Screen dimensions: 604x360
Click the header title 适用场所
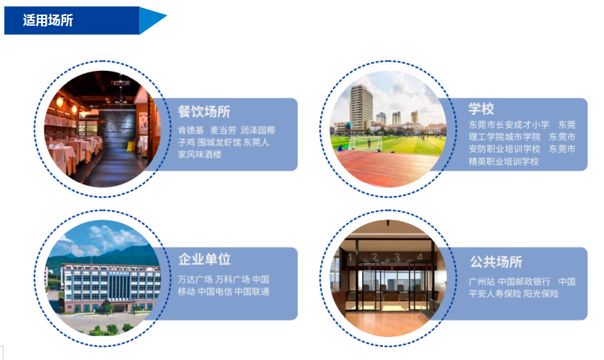coord(48,20)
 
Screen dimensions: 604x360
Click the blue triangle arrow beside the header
coord(152,20)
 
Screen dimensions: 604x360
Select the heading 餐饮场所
coord(204,112)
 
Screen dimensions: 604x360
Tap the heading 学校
coord(481,108)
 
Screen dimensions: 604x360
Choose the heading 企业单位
coord(204,259)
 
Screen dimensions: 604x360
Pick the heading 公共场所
coord(496,262)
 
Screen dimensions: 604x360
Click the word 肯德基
coord(190,131)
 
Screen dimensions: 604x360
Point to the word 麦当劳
coord(223,131)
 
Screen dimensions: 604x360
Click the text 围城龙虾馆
coord(219,142)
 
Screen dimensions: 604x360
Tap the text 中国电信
coord(215,292)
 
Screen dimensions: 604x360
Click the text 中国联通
coord(252,292)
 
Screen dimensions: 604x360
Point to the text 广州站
coord(482,282)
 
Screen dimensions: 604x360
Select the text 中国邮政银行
coord(524,282)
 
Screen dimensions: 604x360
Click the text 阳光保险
coord(541,294)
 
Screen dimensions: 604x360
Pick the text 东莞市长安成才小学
coord(509,124)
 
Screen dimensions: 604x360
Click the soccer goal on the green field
coord(365,144)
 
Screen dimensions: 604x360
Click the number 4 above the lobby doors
coord(420,256)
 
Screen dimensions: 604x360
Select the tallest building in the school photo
coord(361,108)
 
